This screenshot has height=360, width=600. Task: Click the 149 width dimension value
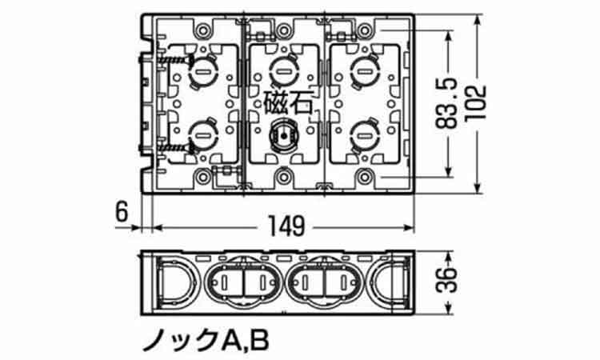(286, 226)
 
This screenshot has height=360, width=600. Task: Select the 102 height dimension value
(476, 103)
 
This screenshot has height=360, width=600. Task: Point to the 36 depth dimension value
(446, 280)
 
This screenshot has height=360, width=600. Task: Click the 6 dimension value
(122, 212)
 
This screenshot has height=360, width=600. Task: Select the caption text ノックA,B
(206, 340)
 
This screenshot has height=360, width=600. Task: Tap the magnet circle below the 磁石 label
(283, 137)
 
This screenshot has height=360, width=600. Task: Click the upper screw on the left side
(175, 60)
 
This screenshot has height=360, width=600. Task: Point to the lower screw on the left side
(175, 147)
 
